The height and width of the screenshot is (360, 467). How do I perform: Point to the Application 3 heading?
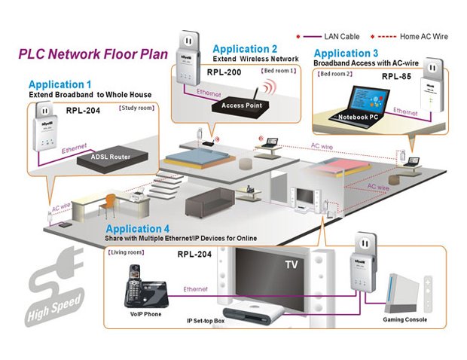tap(346, 53)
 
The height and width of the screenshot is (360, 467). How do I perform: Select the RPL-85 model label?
tap(395, 76)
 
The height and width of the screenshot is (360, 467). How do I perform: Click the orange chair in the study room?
tap(111, 203)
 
